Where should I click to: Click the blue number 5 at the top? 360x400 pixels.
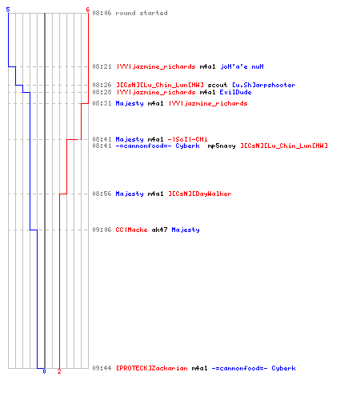tap(8, 10)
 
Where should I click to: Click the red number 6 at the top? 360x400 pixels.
tap(88, 10)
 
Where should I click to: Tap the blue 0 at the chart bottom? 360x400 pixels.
tap(44, 371)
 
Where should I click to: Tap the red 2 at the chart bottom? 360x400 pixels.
tap(59, 371)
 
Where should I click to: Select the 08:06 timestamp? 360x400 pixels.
tap(102, 13)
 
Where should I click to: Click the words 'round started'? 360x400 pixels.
tap(142, 13)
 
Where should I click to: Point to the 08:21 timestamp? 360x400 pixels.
tap(102, 66)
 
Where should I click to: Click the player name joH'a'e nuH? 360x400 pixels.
tap(242, 66)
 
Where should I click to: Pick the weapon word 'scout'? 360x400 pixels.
tap(218, 85)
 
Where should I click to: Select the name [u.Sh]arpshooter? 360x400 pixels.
tap(264, 85)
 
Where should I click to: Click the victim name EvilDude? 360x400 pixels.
tap(235, 92)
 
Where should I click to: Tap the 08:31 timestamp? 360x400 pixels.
tap(102, 103)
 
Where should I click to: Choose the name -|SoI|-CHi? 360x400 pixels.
tap(187, 139)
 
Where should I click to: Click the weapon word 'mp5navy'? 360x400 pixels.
tap(222, 146)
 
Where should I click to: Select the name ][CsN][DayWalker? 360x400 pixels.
tap(200, 194)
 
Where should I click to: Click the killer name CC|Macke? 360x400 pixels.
tap(131, 230)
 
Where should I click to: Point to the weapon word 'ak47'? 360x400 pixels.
tap(159, 230)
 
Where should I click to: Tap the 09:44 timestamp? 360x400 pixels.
tap(102, 368)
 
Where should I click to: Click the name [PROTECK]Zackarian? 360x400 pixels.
tap(152, 368)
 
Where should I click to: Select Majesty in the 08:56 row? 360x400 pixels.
tap(130, 194)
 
